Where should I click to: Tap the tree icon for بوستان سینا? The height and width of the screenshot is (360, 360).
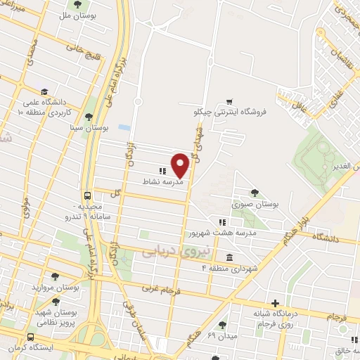pyautogui.click(x=88, y=117)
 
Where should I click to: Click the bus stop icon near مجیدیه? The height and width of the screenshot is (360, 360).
pyautogui.click(x=88, y=196)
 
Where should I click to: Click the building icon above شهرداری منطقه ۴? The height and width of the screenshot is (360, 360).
pyautogui.click(x=229, y=257)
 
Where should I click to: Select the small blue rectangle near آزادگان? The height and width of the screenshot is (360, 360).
pyautogui.click(x=124, y=127)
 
